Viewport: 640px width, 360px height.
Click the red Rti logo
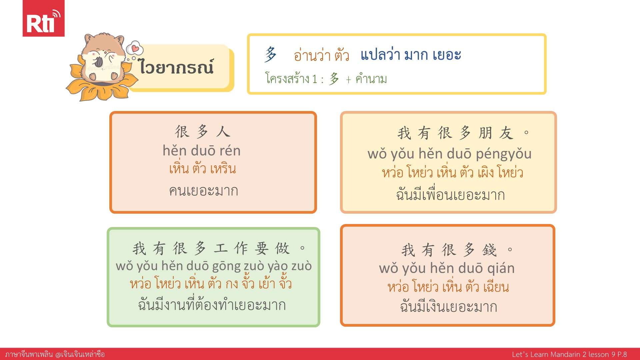click(43, 18)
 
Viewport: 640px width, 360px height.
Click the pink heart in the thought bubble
click(135, 49)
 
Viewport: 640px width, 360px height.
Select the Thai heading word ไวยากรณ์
click(176, 66)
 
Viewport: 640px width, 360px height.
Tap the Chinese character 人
click(223, 132)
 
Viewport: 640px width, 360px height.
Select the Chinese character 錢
click(489, 250)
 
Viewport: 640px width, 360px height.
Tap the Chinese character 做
click(282, 248)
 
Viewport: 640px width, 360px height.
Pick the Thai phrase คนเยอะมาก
click(204, 191)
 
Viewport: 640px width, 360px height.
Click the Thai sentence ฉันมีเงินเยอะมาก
click(449, 306)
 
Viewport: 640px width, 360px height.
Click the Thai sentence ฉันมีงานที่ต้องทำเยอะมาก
click(212, 304)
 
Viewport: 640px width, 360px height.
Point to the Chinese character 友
click(506, 133)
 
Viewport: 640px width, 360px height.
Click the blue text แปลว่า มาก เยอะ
click(411, 55)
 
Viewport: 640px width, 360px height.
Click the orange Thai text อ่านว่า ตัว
click(321, 55)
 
